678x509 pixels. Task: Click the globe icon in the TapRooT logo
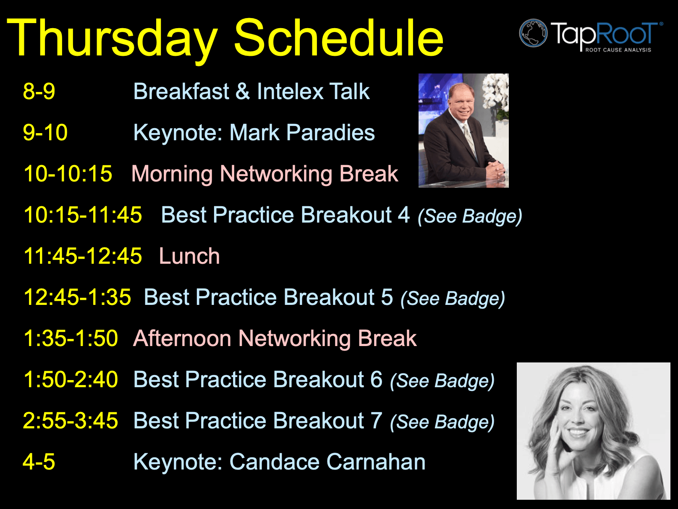click(x=534, y=33)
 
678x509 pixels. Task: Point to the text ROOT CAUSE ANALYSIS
click(x=618, y=50)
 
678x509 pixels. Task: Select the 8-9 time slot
click(x=39, y=91)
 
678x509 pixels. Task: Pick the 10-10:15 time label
click(x=68, y=173)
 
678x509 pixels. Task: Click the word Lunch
click(x=189, y=256)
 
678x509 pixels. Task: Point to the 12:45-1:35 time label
click(x=77, y=297)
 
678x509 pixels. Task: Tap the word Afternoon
click(x=182, y=338)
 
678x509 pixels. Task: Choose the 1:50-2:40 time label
click(x=71, y=380)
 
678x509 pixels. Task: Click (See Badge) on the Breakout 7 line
click(x=442, y=422)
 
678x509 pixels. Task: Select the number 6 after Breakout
click(x=377, y=379)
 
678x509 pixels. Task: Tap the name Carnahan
click(x=376, y=462)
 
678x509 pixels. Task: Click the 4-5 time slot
click(x=39, y=462)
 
